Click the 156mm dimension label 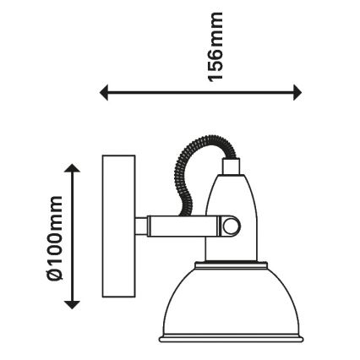tap(215, 47)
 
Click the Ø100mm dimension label tap(53, 238)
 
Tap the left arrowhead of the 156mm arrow tap(104, 92)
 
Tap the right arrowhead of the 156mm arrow tap(297, 92)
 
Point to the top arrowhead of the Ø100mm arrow tap(73, 168)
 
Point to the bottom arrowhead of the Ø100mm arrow tap(73, 305)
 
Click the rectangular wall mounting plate tap(118, 226)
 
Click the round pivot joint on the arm tap(231, 226)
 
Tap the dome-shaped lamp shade tap(231, 302)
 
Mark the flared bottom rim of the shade tap(231, 339)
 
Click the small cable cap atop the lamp tap(231, 166)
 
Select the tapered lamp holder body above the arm tap(231, 196)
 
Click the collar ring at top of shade tap(231, 265)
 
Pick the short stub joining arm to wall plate tap(141, 226)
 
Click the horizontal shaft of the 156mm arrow tap(201, 92)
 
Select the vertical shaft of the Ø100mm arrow tap(73, 237)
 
